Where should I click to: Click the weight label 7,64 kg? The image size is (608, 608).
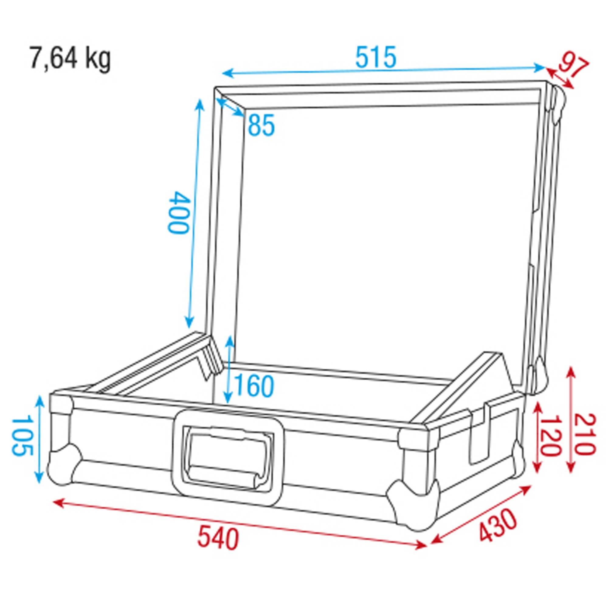click(x=70, y=59)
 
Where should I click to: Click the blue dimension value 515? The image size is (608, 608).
click(x=376, y=57)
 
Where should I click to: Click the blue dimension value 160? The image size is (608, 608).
click(x=254, y=386)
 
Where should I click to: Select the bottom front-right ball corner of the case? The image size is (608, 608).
click(x=412, y=506)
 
